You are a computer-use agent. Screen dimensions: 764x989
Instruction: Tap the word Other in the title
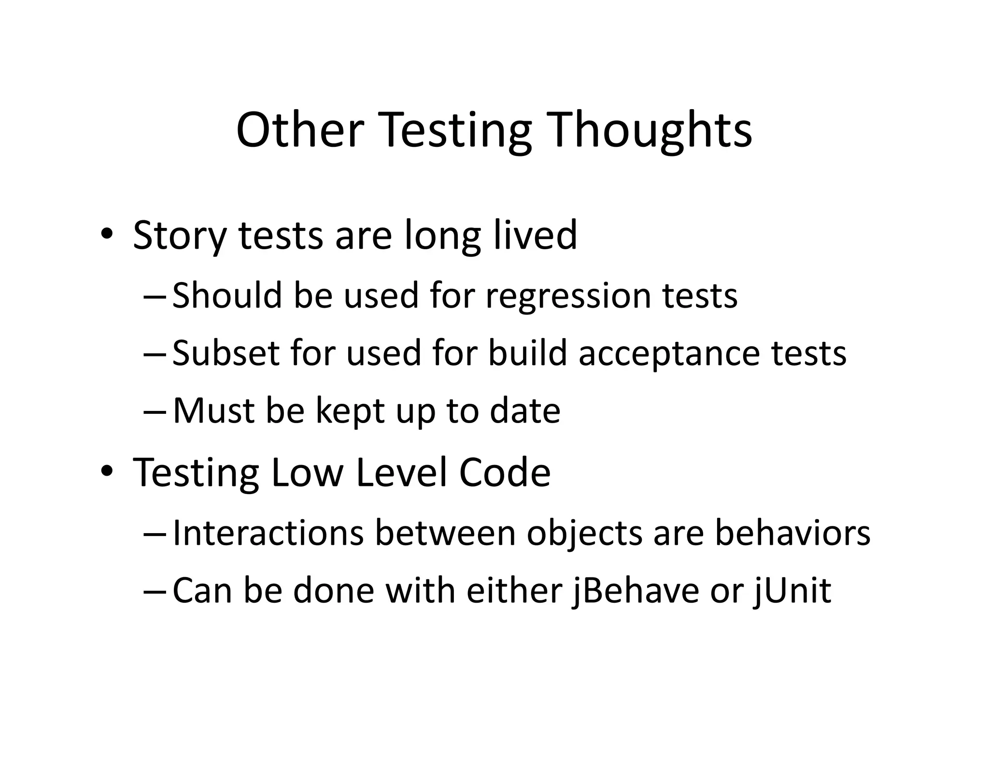pyautogui.click(x=299, y=130)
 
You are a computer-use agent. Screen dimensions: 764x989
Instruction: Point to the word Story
pyautogui.click(x=179, y=236)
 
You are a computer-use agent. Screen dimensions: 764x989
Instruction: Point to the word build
pyautogui.click(x=527, y=353)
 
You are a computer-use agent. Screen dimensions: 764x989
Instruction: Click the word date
pyautogui.click(x=525, y=410)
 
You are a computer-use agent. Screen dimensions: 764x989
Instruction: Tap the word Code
pyautogui.click(x=504, y=472)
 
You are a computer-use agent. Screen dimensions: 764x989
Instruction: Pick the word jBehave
pyautogui.click(x=635, y=591)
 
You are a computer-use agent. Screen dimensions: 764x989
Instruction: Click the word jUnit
pyautogui.click(x=792, y=591)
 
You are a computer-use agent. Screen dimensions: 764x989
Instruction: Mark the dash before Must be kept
pyautogui.click(x=155, y=411)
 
